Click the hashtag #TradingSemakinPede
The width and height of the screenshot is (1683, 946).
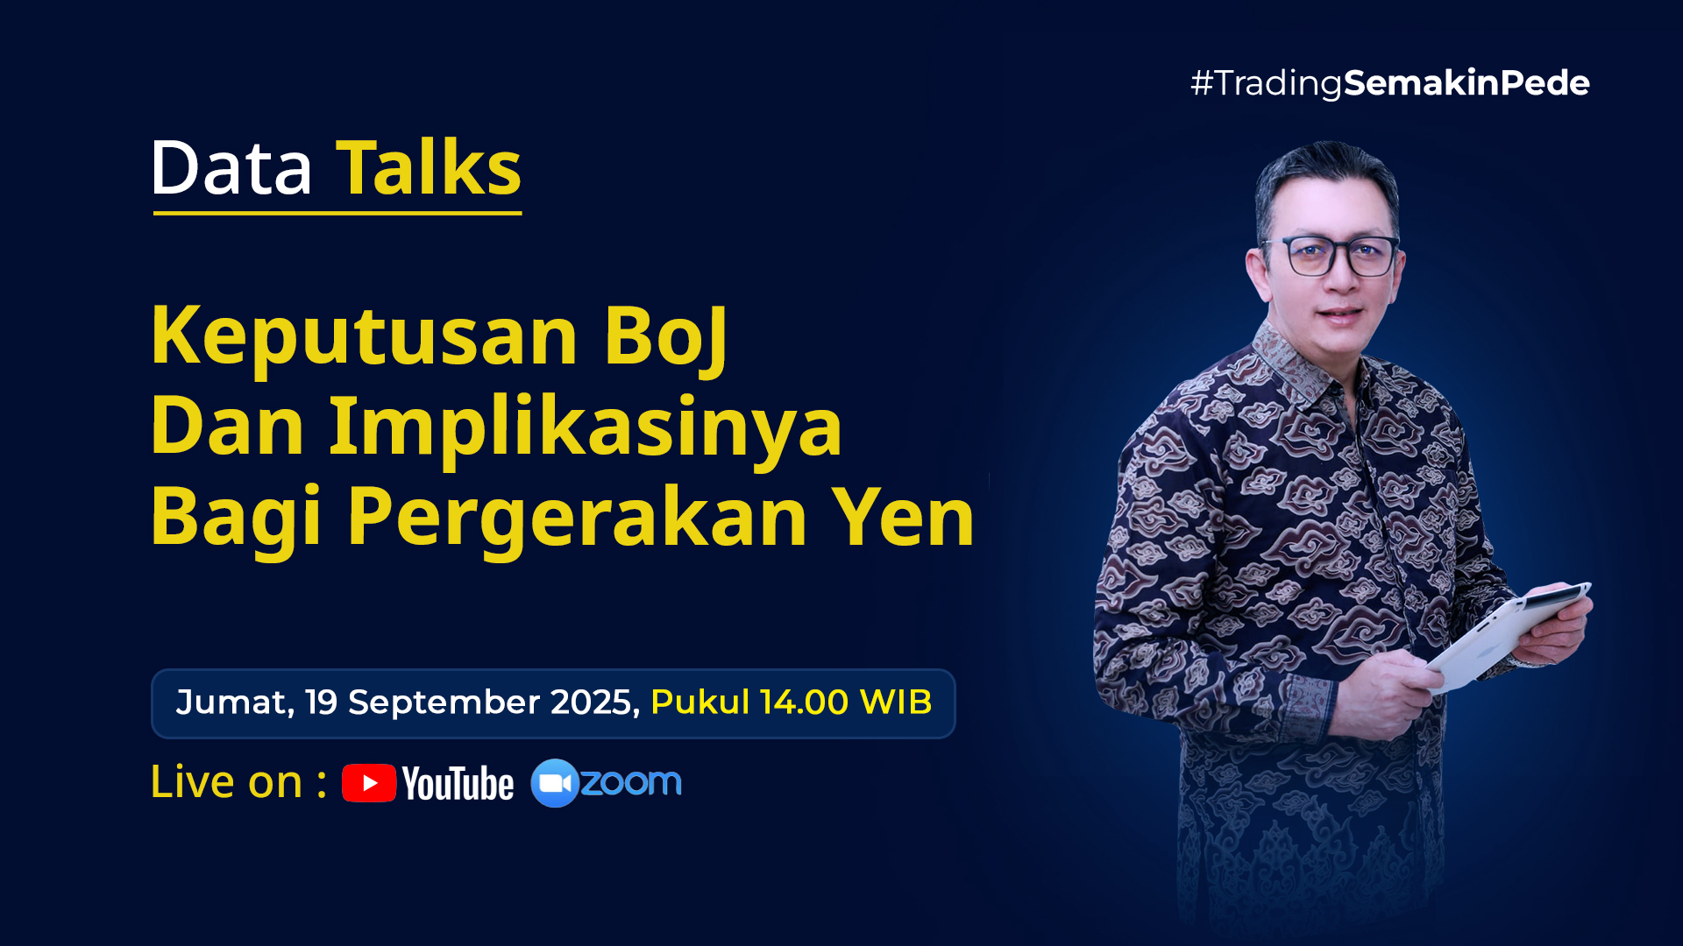(1390, 83)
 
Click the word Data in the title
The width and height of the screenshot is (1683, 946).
(231, 167)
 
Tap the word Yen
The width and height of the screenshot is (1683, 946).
(903, 517)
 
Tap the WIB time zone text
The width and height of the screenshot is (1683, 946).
(896, 702)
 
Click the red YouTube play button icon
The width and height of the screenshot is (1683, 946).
(369, 783)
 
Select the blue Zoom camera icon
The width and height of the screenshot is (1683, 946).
(555, 783)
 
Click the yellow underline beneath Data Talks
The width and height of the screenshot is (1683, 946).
(337, 212)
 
